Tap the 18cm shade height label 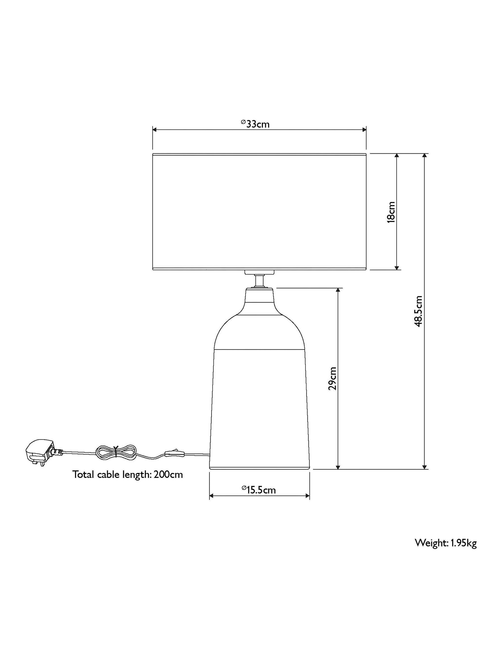[x=391, y=212]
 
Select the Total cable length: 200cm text [x=127, y=475]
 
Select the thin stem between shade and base [x=259, y=281]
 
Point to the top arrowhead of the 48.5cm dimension [x=425, y=156]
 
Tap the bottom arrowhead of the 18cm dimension [x=397, y=267]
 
